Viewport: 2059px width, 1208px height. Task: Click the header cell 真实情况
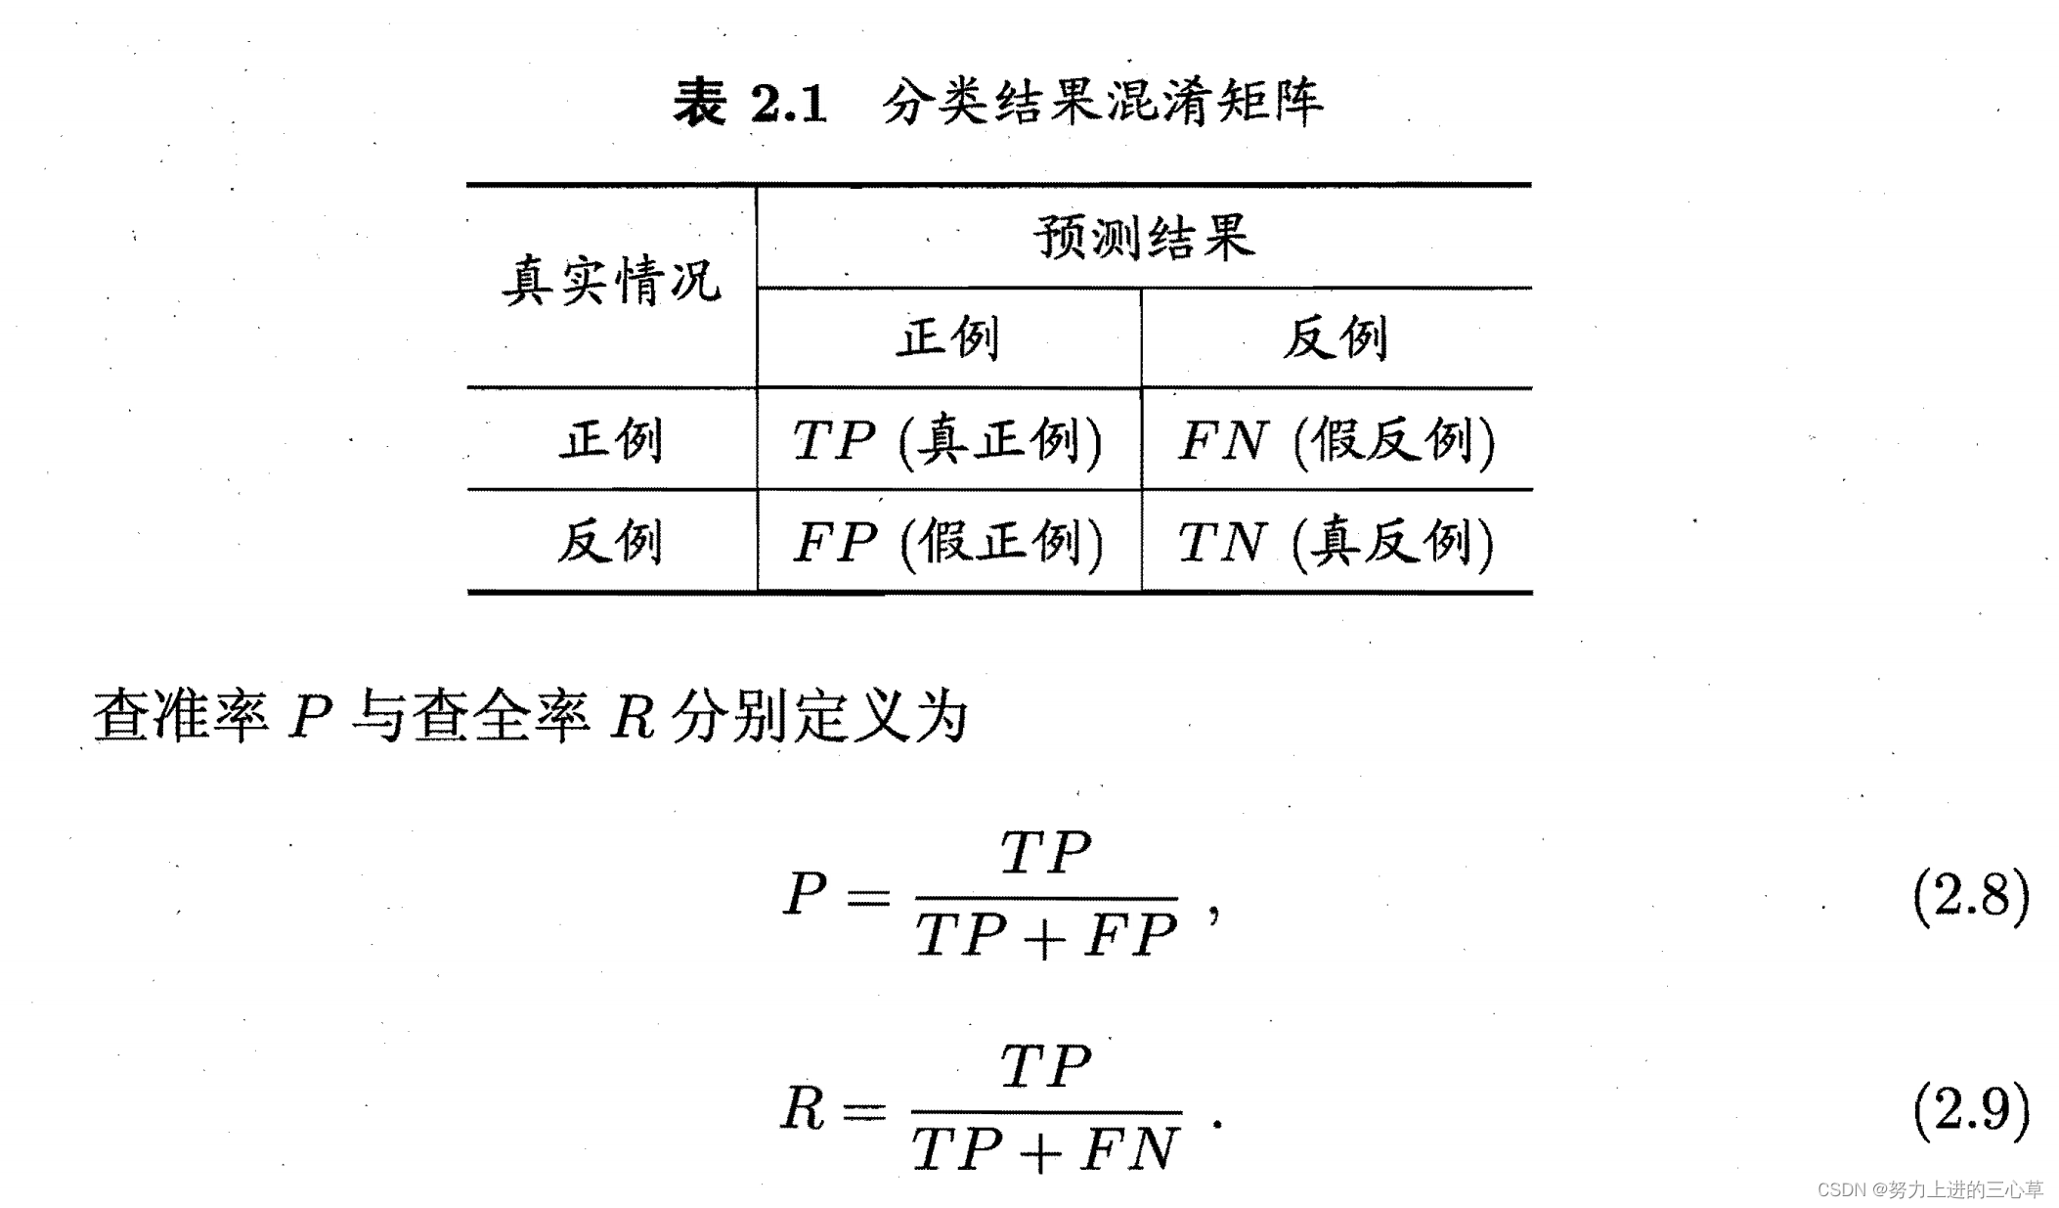612,282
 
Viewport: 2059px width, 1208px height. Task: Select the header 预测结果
1143,238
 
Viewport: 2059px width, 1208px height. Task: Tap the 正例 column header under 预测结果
948,338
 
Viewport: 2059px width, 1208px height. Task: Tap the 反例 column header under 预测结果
1336,338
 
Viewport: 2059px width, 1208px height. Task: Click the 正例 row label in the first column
612,439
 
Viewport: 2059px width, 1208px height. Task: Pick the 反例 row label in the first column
612,541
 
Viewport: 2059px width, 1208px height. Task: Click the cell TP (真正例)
947,440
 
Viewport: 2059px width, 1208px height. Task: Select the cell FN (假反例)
1336,440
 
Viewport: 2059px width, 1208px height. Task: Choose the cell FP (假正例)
947,542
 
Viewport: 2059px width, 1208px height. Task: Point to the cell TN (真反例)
1336,542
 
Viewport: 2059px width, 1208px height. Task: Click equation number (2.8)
1971,894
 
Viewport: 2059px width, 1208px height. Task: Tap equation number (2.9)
1971,1109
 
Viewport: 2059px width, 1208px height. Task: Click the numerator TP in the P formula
1046,853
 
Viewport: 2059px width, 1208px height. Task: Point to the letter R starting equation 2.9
803,1109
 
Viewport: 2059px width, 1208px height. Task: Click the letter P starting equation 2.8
805,894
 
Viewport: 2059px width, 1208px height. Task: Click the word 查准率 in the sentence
181,716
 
